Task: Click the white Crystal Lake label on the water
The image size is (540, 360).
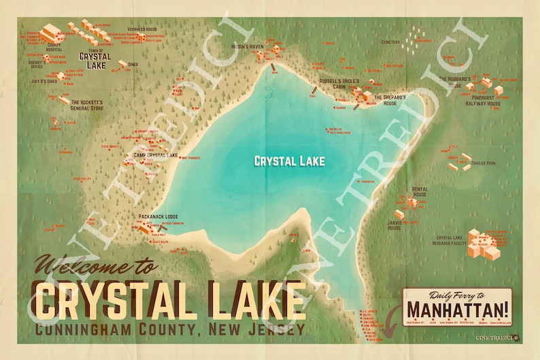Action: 289,161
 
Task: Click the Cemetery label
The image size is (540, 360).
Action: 391,42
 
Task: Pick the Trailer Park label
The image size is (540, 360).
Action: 486,163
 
